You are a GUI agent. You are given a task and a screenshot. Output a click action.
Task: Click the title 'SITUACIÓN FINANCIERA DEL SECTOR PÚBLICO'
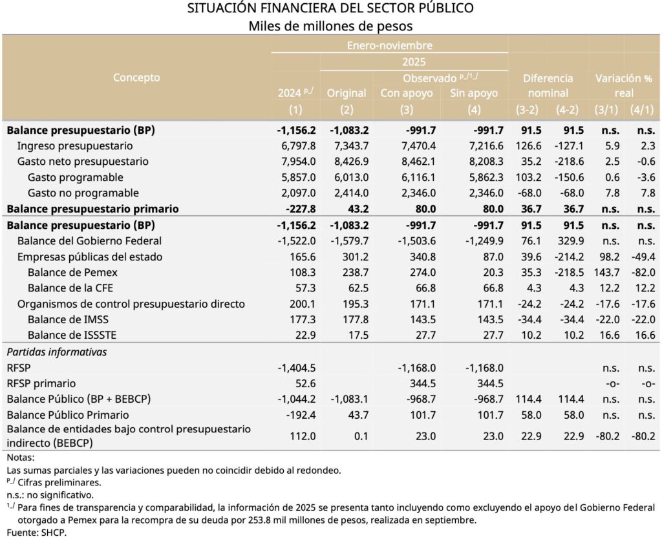point(330,8)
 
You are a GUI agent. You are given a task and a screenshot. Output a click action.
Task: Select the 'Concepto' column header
point(136,78)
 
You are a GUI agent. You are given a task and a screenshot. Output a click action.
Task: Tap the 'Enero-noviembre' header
point(389,45)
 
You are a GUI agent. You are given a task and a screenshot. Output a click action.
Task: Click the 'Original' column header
point(347,93)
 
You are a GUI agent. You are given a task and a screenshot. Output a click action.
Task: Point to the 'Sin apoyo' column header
point(474,93)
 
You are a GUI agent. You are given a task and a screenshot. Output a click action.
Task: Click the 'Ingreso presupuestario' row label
point(75,146)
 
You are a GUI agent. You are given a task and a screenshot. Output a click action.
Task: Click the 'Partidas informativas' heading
point(56,352)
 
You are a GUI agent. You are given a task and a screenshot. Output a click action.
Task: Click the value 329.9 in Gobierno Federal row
point(571,241)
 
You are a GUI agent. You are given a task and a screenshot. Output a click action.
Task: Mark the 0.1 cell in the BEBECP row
point(359,436)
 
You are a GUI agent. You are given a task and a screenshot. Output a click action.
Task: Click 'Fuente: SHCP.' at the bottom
point(37,533)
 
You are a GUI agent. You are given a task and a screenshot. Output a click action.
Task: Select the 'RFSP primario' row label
point(41,383)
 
